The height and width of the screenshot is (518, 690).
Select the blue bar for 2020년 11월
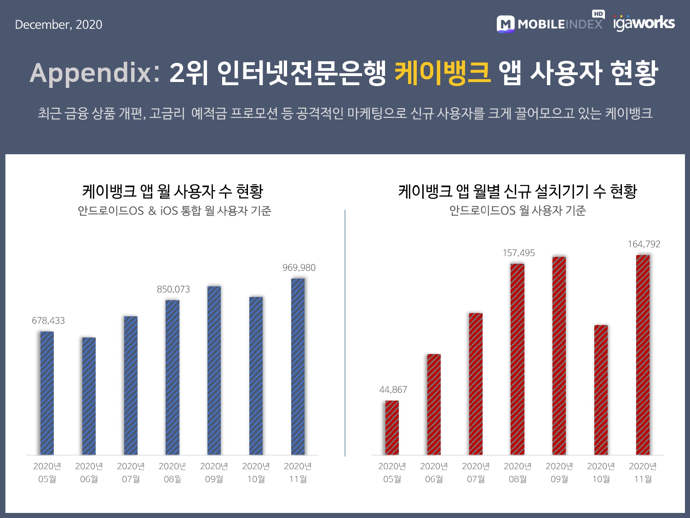click(x=298, y=367)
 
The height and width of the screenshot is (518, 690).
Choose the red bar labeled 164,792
click(x=643, y=355)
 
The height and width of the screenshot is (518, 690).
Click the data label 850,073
click(x=173, y=289)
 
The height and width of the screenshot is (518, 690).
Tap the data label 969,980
click(x=299, y=268)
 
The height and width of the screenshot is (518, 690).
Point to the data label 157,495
click(x=518, y=253)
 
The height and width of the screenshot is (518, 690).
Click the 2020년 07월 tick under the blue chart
click(x=131, y=472)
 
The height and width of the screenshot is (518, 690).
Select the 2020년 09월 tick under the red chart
click(x=559, y=472)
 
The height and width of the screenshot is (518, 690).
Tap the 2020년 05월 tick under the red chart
click(x=392, y=472)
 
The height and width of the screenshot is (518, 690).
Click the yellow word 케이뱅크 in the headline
click(x=443, y=73)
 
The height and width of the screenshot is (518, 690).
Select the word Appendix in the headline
click(x=91, y=73)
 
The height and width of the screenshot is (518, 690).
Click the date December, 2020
click(x=58, y=24)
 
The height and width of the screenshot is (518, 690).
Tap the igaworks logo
click(x=644, y=23)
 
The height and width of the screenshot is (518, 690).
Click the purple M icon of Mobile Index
click(x=506, y=24)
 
